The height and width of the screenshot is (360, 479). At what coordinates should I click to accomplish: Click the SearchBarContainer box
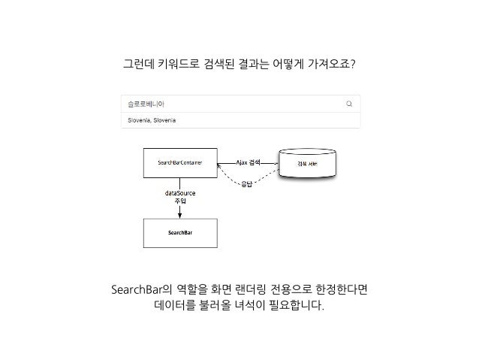[179, 162]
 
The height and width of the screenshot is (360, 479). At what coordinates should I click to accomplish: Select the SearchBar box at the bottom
[179, 233]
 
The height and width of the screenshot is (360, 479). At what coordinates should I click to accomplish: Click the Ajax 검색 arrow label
[248, 162]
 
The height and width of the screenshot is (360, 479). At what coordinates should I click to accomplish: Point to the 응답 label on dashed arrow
[246, 185]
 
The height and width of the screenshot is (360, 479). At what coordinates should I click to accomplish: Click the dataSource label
[179, 193]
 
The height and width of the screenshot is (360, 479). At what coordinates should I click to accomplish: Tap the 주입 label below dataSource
[179, 201]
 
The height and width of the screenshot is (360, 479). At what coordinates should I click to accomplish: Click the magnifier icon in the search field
[349, 104]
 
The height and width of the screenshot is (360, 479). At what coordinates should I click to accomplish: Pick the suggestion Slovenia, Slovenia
[152, 120]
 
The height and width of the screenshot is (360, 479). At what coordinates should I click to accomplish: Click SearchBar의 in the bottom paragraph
[140, 290]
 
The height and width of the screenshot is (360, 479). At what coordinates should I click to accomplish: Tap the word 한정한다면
[340, 290]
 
